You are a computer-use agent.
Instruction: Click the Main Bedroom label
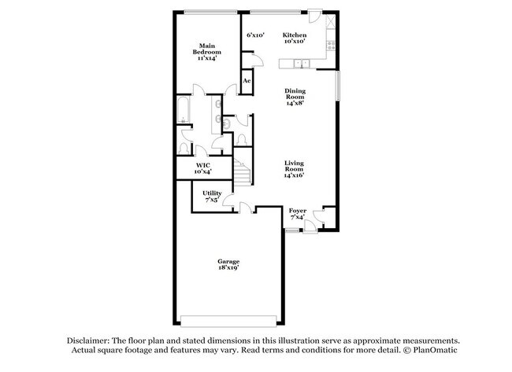click(207, 52)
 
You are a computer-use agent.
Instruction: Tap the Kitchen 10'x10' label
click(295, 39)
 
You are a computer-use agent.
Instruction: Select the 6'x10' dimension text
click(255, 35)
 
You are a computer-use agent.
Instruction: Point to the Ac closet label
click(247, 81)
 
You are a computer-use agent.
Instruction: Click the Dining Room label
click(295, 96)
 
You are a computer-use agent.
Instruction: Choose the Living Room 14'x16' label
click(294, 170)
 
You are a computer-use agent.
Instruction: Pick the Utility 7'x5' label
click(211, 196)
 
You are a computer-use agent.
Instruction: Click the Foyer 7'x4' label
click(297, 214)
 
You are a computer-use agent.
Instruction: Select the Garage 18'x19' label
click(228, 264)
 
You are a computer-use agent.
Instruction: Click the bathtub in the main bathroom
click(183, 120)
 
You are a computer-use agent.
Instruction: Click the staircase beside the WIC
click(242, 171)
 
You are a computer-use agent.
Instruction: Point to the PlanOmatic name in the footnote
click(432, 349)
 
